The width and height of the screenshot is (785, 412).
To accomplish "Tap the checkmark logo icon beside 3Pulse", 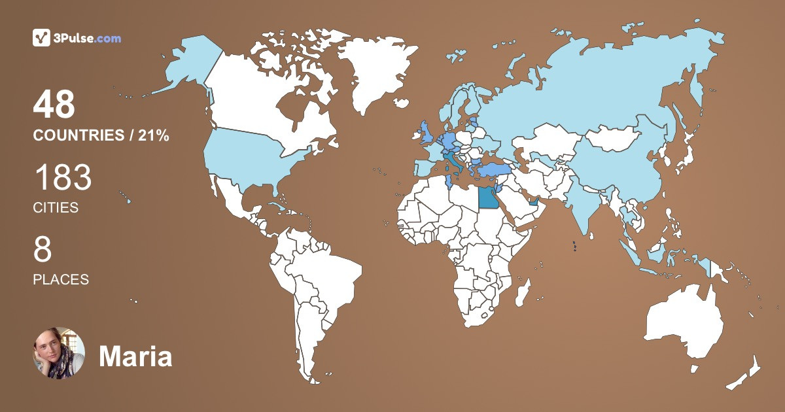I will [42, 38].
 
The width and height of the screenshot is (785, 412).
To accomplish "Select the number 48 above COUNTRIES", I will [54, 105].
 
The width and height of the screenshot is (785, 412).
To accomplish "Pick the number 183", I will [63, 177].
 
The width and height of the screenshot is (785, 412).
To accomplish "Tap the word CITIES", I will [56, 208].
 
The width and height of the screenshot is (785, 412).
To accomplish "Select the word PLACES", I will [61, 280].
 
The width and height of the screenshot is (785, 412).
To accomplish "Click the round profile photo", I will [59, 352].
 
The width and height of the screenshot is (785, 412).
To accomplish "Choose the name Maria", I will [135, 357].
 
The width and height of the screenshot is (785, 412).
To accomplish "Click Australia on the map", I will [684, 320].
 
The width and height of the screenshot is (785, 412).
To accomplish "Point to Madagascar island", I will [521, 291].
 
